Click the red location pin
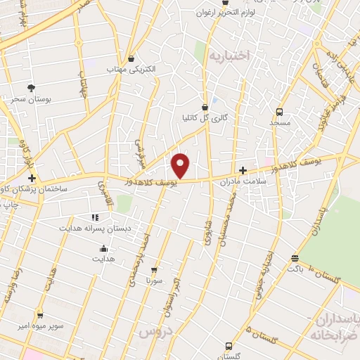coord(181,165)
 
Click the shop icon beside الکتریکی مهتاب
coord(133,58)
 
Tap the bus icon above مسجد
coord(279,112)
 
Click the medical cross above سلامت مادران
coord(243,170)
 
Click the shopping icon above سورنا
coord(154,269)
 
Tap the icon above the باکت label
coord(294,258)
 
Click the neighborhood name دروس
coord(155,330)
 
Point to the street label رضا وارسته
coord(14,281)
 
